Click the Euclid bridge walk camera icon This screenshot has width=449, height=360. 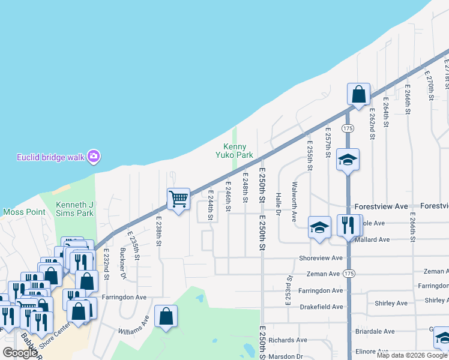tap(93, 157)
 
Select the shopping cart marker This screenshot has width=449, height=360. tap(178, 199)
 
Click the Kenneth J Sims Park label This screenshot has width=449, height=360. tap(75, 209)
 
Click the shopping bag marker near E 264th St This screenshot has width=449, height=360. tap(358, 94)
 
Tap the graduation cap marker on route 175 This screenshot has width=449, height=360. tap(348, 160)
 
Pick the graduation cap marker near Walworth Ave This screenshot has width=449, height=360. tap(320, 227)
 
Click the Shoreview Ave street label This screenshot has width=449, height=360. tap(321, 258)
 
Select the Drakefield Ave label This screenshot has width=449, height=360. tap(321, 307)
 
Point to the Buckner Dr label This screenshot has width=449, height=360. tap(123, 264)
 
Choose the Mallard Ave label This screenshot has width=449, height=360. tap(372, 239)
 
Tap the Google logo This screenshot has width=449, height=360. tap(20, 353)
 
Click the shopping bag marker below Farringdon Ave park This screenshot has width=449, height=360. tap(166, 316)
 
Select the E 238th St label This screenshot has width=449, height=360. tap(159, 231)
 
